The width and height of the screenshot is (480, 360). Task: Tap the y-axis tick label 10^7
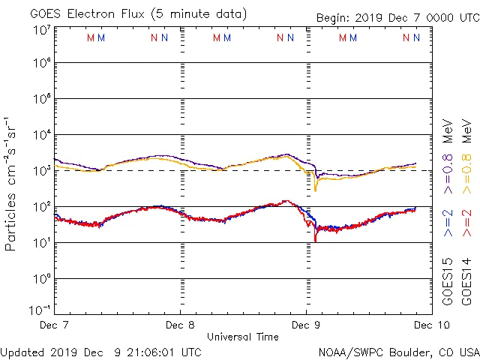tap(40, 31)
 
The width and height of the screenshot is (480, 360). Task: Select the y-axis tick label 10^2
tap(40, 207)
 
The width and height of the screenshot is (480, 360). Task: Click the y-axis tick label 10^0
tap(40, 279)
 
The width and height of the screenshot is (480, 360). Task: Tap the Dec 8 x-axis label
tap(180, 325)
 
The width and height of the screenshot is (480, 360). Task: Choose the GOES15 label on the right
tap(448, 282)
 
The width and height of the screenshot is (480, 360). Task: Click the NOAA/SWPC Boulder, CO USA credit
tap(398, 352)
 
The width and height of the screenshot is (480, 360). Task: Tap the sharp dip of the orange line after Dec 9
tap(315, 190)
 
